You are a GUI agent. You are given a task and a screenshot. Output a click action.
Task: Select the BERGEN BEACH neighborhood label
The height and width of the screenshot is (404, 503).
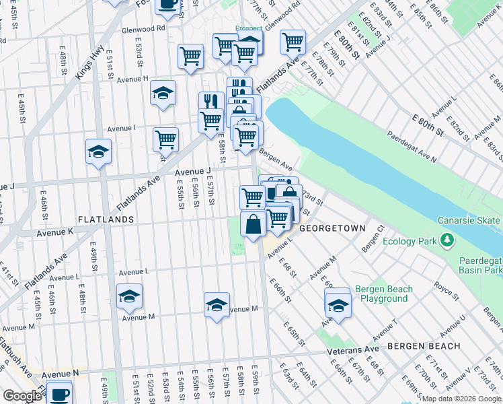pos(424,346)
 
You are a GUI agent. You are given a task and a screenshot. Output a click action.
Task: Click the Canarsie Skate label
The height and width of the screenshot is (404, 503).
pos(469,221)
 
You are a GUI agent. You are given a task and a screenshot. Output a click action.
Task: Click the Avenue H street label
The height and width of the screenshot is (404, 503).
pos(132,79)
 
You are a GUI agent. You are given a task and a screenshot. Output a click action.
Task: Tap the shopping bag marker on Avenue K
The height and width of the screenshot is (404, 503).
pos(253,224)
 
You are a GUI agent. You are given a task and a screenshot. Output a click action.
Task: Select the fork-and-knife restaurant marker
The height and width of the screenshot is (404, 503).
pos(211,102)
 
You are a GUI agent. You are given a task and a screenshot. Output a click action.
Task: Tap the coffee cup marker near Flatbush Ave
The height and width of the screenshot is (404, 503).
pos(59,392)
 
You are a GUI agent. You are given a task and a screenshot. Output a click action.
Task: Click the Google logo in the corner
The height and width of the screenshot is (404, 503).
pos(22,396)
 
